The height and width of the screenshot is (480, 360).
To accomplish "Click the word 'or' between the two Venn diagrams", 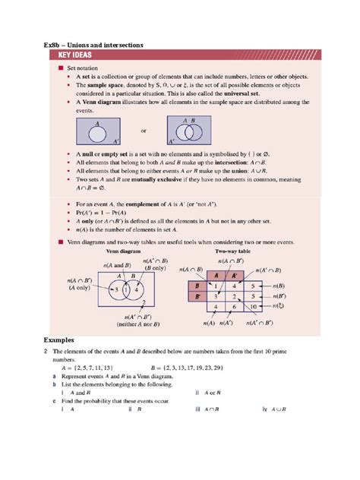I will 143,131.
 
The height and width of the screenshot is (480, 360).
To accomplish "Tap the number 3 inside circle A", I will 115,289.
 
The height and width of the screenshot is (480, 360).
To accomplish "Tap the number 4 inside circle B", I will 137,289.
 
